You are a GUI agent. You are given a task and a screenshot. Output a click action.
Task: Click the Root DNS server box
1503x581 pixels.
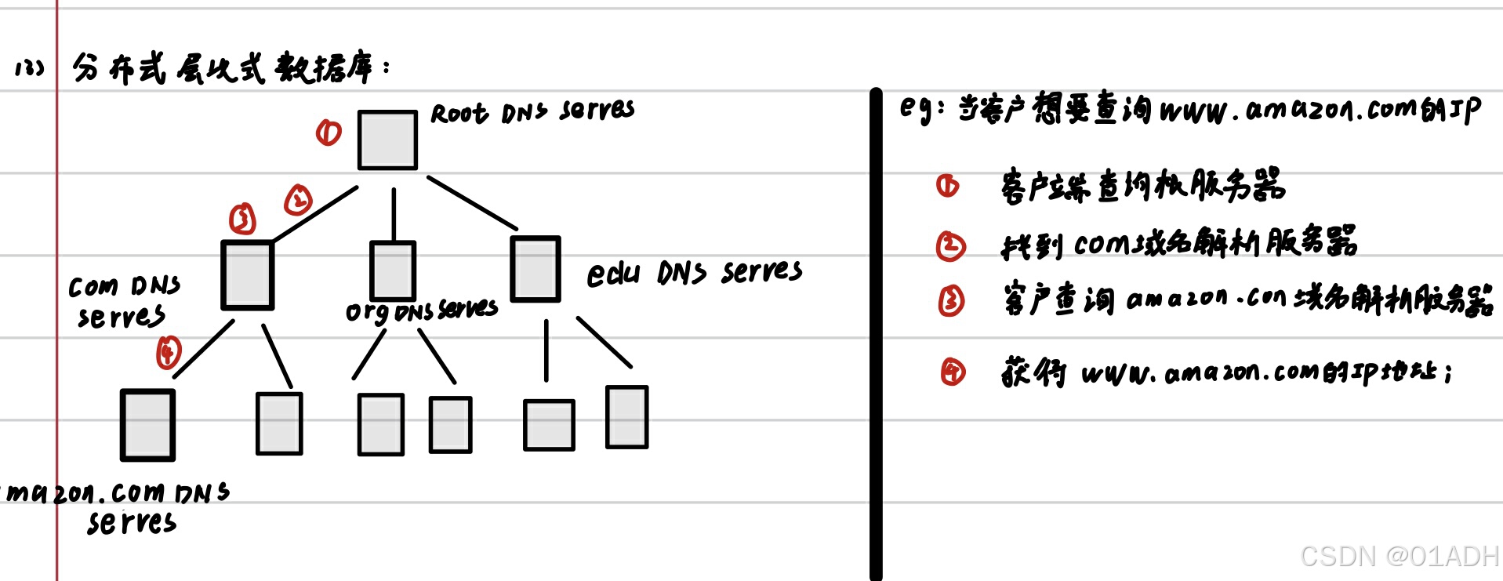point(387,140)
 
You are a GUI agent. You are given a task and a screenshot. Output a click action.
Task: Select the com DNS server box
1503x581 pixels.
point(248,275)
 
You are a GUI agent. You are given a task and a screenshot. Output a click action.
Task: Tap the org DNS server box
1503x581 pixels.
point(393,271)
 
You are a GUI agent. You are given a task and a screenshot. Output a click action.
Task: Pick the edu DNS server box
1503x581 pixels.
point(535,269)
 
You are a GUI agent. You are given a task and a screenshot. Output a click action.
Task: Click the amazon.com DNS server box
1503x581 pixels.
point(147,424)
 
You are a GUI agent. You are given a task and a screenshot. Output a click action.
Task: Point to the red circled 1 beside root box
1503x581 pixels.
point(329,133)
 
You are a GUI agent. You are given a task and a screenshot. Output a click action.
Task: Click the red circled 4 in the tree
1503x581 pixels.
point(169,352)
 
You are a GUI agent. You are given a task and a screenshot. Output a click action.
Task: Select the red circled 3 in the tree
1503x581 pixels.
point(242,218)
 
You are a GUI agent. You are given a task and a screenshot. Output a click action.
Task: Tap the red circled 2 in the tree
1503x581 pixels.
point(298,200)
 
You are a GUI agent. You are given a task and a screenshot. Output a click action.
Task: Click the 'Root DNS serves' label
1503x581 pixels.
point(532,112)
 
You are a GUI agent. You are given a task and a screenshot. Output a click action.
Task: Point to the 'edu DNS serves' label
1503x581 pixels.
point(695,272)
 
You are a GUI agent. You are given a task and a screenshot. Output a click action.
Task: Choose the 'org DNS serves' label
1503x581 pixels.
point(422,311)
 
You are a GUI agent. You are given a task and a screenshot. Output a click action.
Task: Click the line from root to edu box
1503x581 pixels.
point(472,203)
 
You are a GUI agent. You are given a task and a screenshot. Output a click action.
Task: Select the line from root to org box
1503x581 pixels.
point(394,213)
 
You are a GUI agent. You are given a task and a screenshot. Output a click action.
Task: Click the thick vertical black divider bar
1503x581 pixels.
point(876,333)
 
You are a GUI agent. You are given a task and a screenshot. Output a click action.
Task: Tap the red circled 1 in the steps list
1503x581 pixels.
point(947,186)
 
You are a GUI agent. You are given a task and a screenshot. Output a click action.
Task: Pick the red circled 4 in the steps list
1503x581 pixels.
point(953,372)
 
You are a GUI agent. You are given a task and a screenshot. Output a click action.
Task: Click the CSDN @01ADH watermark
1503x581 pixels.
point(1399,556)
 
